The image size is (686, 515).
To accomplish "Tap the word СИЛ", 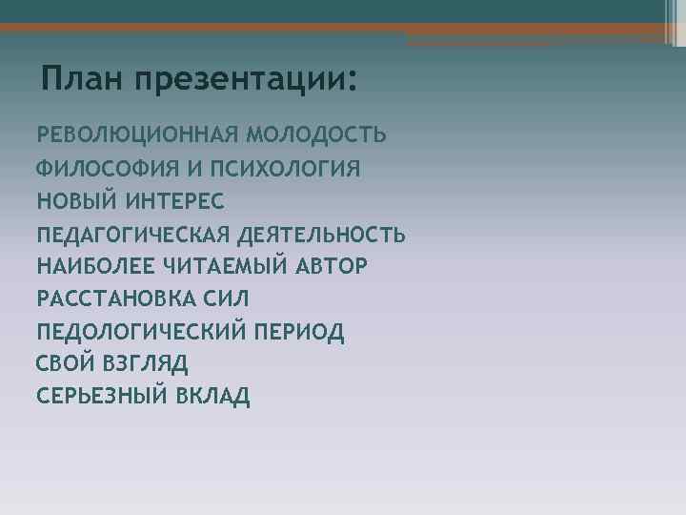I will (x=221, y=299).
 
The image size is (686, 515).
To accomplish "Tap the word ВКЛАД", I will (x=213, y=396).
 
